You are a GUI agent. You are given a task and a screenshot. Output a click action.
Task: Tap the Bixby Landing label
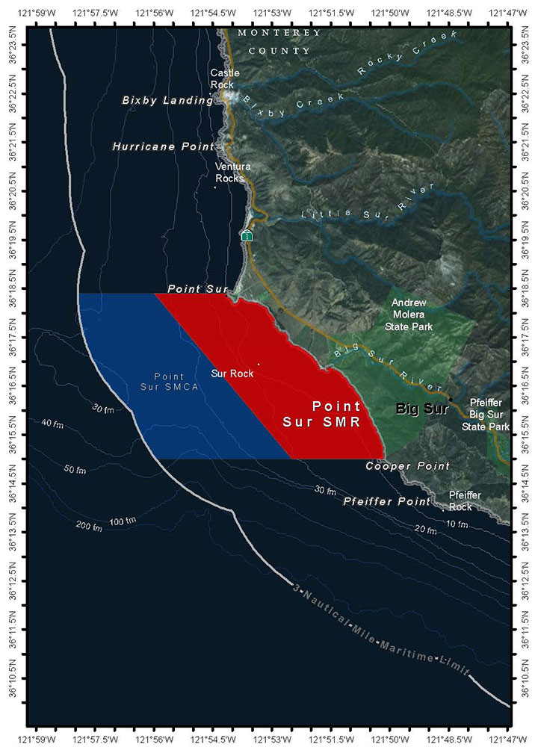[167, 101]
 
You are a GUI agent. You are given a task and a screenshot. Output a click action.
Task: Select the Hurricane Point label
[163, 147]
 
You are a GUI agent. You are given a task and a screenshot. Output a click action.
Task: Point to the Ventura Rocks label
[232, 172]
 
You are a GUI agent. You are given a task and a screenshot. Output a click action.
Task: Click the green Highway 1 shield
[247, 236]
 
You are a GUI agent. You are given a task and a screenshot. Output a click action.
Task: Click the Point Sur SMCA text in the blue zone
[173, 381]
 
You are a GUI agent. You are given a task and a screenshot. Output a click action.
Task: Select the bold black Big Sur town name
[421, 409]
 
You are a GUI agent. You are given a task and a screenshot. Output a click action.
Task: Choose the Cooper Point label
[407, 466]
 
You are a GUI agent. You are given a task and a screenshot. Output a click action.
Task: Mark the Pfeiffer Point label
[386, 501]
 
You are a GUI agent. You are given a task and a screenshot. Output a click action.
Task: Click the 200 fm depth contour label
[88, 526]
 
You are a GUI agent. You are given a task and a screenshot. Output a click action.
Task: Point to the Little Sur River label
[367, 204]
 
